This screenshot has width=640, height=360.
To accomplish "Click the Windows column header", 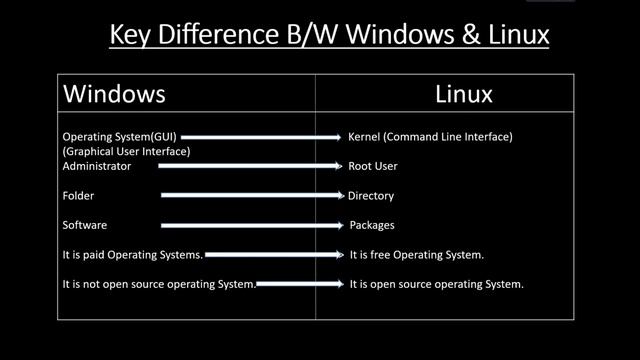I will coord(114,94).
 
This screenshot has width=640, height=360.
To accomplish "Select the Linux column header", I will coord(464,94).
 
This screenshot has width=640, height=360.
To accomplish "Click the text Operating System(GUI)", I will coord(119,136).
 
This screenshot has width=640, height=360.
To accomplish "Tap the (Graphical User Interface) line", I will coord(126,151).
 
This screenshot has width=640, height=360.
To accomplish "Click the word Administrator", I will coord(96,166).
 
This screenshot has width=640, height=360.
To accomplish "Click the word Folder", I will coord(78,196).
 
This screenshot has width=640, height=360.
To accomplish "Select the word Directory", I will coord(371,196).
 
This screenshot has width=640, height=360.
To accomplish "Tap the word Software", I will coord(84,225).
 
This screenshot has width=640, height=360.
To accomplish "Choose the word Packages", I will coord(372,225).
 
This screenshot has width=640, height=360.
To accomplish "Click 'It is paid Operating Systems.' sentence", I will coord(132,255).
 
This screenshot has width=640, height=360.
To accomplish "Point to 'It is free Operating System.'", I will coord(417,255).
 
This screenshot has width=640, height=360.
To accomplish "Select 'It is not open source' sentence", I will coord(159,285).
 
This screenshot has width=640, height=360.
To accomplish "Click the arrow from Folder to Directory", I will coord(254,196).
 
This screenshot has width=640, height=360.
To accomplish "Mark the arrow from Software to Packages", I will coord(254,225).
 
